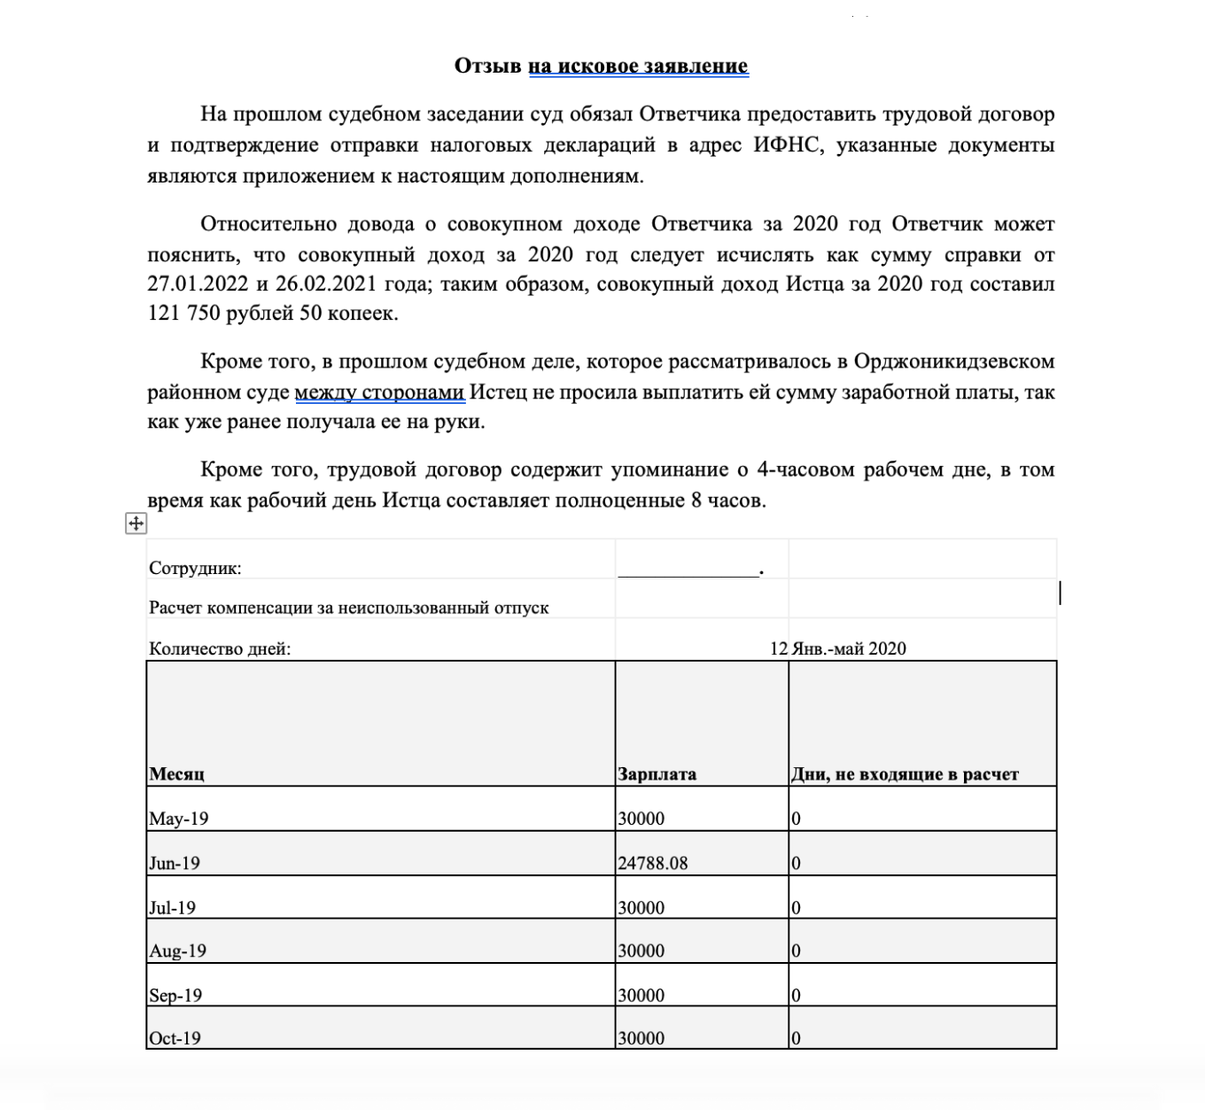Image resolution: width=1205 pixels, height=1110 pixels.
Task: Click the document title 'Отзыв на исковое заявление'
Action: pyautogui.click(x=601, y=66)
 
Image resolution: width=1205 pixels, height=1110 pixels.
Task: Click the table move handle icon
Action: pyautogui.click(x=136, y=524)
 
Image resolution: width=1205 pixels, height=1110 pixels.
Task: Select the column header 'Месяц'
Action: pyautogui.click(x=176, y=773)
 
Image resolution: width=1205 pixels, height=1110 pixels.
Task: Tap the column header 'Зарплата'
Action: pyautogui.click(x=657, y=773)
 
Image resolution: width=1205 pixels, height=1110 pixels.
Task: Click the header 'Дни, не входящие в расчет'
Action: pyautogui.click(x=904, y=773)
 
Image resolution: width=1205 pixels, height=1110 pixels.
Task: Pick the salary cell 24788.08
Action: pyautogui.click(x=652, y=863)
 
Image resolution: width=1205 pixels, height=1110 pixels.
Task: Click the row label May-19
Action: pyautogui.click(x=178, y=819)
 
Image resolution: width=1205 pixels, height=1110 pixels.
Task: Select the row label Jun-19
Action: pyautogui.click(x=175, y=863)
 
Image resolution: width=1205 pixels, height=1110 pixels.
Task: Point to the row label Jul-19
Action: pyautogui.click(x=172, y=907)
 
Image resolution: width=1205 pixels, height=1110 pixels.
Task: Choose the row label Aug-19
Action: pyautogui.click(x=177, y=951)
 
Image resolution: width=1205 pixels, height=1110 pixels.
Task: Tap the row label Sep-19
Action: pyautogui.click(x=175, y=995)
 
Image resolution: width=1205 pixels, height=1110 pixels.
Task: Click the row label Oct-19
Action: pyautogui.click(x=175, y=1038)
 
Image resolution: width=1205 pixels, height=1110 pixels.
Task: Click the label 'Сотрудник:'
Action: pyautogui.click(x=195, y=569)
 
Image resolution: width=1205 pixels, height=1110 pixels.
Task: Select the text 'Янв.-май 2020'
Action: pyautogui.click(x=849, y=648)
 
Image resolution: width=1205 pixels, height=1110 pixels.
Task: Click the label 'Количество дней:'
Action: pyautogui.click(x=220, y=648)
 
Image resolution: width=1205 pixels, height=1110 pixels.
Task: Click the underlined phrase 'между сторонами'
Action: pyautogui.click(x=379, y=392)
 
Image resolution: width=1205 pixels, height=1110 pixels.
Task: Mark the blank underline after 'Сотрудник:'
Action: pyautogui.click(x=688, y=572)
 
